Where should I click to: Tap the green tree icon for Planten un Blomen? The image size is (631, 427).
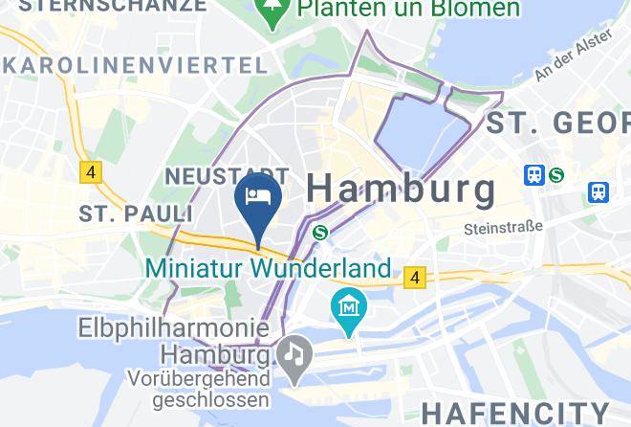coord(274,12)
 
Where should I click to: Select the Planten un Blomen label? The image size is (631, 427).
coord(408,10)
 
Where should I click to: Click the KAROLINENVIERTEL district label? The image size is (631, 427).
coord(135,65)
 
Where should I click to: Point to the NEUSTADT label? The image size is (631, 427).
coord(213,175)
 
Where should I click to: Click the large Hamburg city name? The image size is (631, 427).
coord(402,189)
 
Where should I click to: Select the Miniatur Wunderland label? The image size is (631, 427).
coord(268,267)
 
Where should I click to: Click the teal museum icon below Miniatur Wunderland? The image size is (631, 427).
coord(349,308)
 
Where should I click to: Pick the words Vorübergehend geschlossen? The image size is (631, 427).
coord(198,388)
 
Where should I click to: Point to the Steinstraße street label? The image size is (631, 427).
coord(503,228)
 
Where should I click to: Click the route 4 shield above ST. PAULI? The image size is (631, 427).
coord(91,172)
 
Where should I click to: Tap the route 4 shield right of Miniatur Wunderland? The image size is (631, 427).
coord(413,278)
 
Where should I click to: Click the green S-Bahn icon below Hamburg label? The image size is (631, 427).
coord(321,232)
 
